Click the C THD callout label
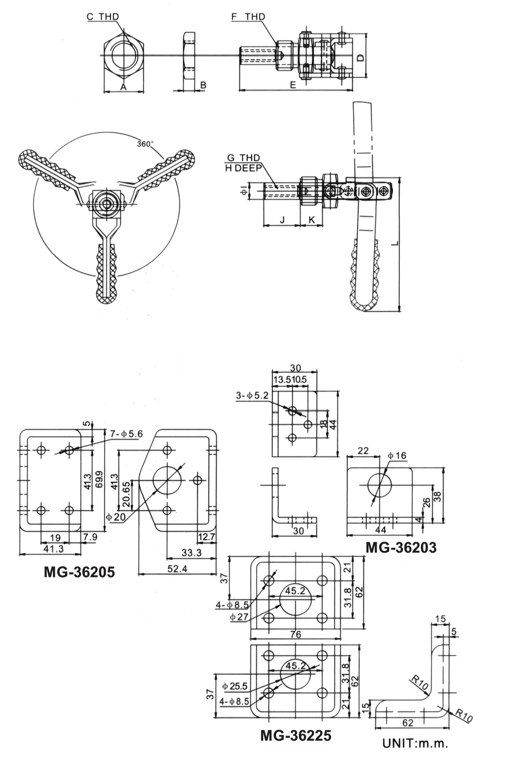point(103,17)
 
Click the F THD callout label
point(248,17)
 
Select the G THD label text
point(243,158)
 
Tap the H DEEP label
point(243,168)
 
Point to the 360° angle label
point(145,144)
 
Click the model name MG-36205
point(79,572)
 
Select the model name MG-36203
point(401,547)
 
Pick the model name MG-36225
point(296,735)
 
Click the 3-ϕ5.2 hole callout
point(252,395)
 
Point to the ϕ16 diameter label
point(397,455)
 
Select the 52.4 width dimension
point(177,569)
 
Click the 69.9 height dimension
point(101,477)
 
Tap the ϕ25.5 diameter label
point(235,686)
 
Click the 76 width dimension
point(296,634)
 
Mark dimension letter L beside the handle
point(394,243)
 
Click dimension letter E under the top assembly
point(293,85)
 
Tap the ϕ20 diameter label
point(115,517)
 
